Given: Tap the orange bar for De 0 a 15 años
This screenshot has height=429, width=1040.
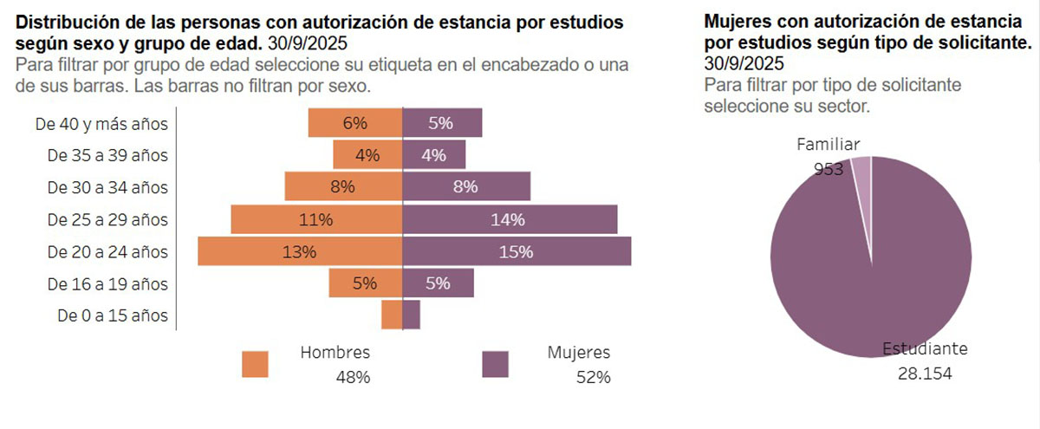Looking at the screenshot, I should tap(392, 315).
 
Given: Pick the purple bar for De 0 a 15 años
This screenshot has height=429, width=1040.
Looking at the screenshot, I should tap(412, 315).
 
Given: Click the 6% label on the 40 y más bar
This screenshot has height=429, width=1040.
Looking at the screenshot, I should tap(354, 123).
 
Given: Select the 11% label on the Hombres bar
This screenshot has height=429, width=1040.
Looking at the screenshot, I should tap(315, 220).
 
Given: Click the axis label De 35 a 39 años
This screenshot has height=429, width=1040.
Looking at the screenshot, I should tap(107, 155).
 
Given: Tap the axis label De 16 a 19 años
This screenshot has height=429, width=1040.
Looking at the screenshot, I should tap(107, 283).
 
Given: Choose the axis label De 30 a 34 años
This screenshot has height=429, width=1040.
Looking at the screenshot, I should tap(107, 187).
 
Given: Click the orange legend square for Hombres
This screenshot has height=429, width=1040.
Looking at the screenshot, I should tap(256, 364).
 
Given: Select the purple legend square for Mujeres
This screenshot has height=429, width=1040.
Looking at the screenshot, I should tap(495, 364).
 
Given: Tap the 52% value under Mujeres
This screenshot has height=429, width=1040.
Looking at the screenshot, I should tap(594, 377).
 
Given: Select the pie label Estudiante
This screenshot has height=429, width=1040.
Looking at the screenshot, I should tap(925, 348).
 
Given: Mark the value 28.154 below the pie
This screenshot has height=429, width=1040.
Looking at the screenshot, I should tap(925, 372).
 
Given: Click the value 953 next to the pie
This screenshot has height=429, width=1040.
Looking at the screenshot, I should tap(829, 169).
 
